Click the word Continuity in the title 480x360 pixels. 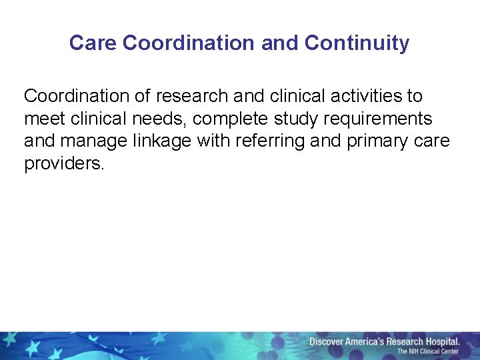coord(357,43)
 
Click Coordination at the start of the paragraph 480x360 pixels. coord(77,96)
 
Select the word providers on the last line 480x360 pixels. coord(64,164)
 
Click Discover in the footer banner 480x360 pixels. coord(327,341)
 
